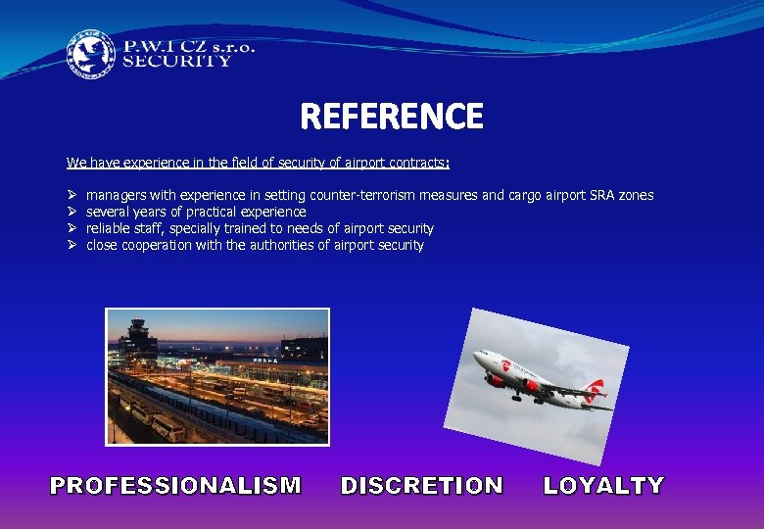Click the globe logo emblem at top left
point(90,53)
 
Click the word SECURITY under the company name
point(176,61)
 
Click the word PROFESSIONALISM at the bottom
point(175,485)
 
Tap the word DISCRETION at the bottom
point(421,485)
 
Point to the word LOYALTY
point(603,485)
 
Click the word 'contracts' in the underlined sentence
point(418,162)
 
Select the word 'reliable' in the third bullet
point(109,229)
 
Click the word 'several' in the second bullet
point(110,213)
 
